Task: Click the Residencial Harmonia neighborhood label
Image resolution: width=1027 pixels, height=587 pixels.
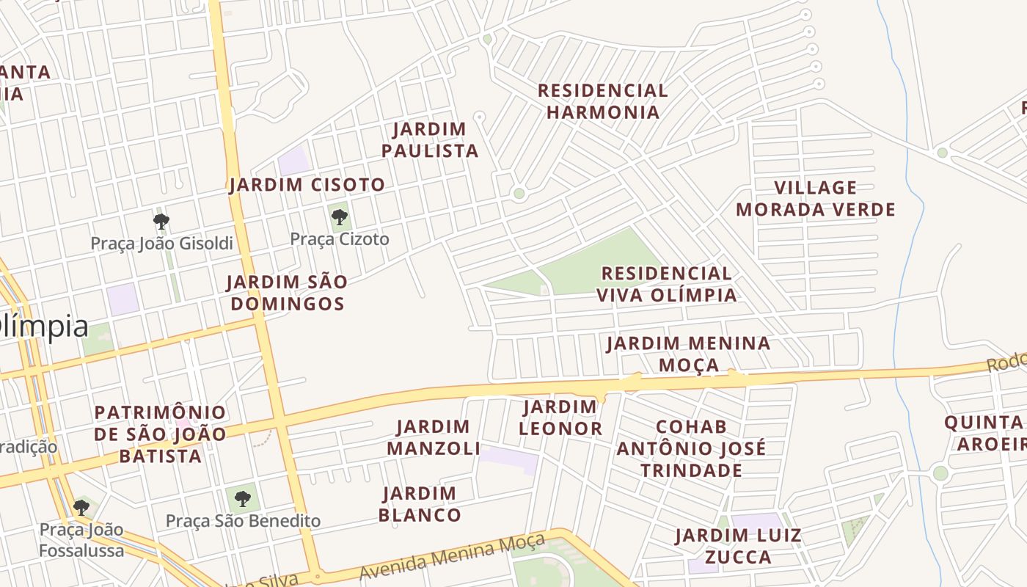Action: [x=603, y=101]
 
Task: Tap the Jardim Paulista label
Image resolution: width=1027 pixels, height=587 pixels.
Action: [x=435, y=140]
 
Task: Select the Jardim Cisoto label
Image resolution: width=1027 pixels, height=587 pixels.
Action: [x=307, y=185]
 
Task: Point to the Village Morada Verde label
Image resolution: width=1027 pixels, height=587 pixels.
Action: [x=816, y=199]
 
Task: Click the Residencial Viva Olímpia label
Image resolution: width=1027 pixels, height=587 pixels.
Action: [x=666, y=284]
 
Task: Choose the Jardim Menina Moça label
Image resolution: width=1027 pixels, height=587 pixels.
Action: [x=688, y=354]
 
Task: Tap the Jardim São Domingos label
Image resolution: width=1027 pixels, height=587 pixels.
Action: [x=286, y=293]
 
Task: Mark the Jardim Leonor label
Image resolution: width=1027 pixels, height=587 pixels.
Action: [x=562, y=418]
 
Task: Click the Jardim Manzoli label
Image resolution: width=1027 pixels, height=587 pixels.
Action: [x=434, y=437]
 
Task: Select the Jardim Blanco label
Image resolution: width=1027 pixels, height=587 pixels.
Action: [x=420, y=504]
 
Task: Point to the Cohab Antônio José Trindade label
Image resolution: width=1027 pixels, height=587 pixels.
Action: [x=691, y=448]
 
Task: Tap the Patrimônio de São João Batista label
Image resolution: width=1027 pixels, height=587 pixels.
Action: [x=160, y=434]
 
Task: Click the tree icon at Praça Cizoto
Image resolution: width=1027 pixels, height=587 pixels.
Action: [x=339, y=216]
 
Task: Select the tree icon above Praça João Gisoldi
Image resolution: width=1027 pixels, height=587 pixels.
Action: [x=161, y=221]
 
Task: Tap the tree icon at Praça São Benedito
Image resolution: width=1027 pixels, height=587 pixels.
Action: [x=243, y=499]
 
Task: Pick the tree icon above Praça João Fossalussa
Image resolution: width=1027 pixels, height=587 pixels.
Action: [x=81, y=507]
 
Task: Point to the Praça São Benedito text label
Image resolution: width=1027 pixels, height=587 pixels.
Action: [x=243, y=521]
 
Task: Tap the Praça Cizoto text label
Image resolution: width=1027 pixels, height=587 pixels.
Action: [x=340, y=239]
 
